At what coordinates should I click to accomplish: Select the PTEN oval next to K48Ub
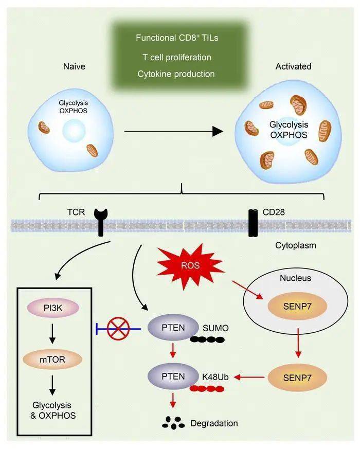click(173, 378)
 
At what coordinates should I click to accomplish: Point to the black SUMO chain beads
click(207, 339)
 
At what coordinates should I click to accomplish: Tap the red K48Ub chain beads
click(207, 389)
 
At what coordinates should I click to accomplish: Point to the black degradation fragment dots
click(174, 422)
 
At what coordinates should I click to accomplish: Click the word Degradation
click(214, 423)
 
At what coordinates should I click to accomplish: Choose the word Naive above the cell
click(74, 66)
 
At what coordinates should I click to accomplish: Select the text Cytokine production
click(176, 74)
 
